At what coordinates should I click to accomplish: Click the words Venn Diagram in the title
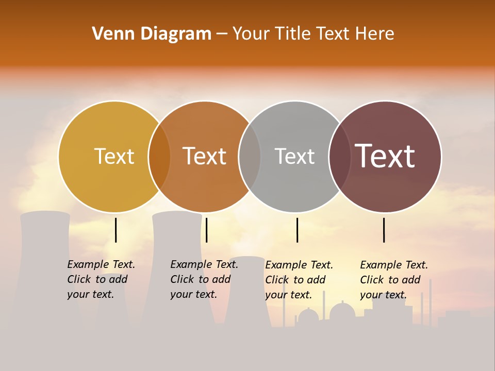coord(152,34)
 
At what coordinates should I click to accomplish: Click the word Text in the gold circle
coord(114,156)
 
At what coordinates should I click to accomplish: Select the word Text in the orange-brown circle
coord(205,156)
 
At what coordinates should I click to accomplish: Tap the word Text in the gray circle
coord(294,156)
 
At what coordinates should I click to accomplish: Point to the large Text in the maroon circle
coord(385,156)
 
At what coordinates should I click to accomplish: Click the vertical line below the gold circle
coord(116,230)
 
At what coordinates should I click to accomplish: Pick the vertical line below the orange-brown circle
coord(206,230)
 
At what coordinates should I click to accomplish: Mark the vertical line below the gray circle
coord(298,230)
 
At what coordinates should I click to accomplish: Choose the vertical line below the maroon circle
coord(384,230)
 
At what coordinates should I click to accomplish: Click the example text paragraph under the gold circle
coord(101,279)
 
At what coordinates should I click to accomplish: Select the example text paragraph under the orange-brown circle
coord(204,279)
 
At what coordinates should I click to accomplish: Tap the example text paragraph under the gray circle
coord(299,280)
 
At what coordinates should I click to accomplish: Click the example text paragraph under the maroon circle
coord(394,280)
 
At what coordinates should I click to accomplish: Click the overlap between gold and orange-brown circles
coord(159,156)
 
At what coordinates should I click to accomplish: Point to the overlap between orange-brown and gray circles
coord(250,156)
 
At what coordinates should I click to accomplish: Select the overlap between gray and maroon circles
coord(340,156)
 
